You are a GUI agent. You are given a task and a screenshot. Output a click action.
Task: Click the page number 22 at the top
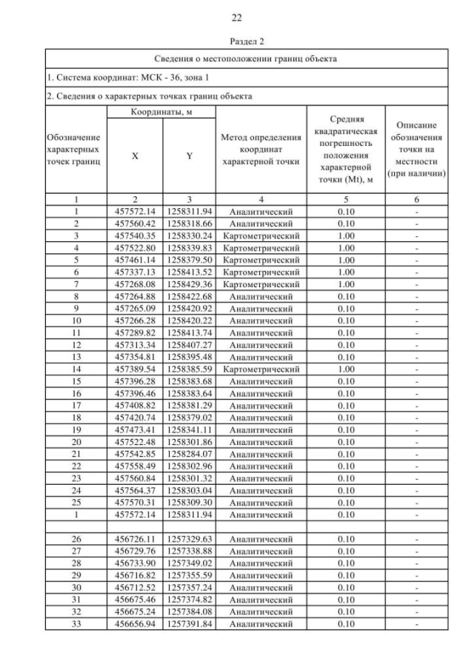236,17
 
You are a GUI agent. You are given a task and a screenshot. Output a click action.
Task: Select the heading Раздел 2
236,41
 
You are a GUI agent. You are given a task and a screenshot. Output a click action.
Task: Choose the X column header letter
135,156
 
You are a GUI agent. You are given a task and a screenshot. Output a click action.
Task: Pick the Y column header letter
189,156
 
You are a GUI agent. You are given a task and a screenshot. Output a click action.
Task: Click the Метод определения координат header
261,151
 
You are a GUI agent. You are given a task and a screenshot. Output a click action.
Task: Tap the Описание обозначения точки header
419,151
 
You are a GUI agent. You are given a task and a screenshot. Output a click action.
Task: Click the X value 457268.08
135,284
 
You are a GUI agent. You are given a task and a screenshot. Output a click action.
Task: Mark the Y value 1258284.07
189,452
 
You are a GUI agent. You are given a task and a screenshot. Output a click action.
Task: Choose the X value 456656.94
135,624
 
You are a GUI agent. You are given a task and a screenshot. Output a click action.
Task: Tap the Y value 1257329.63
189,540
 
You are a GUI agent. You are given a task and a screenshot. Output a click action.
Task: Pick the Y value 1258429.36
189,284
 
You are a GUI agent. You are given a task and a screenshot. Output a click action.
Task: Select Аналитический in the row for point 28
261,564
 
